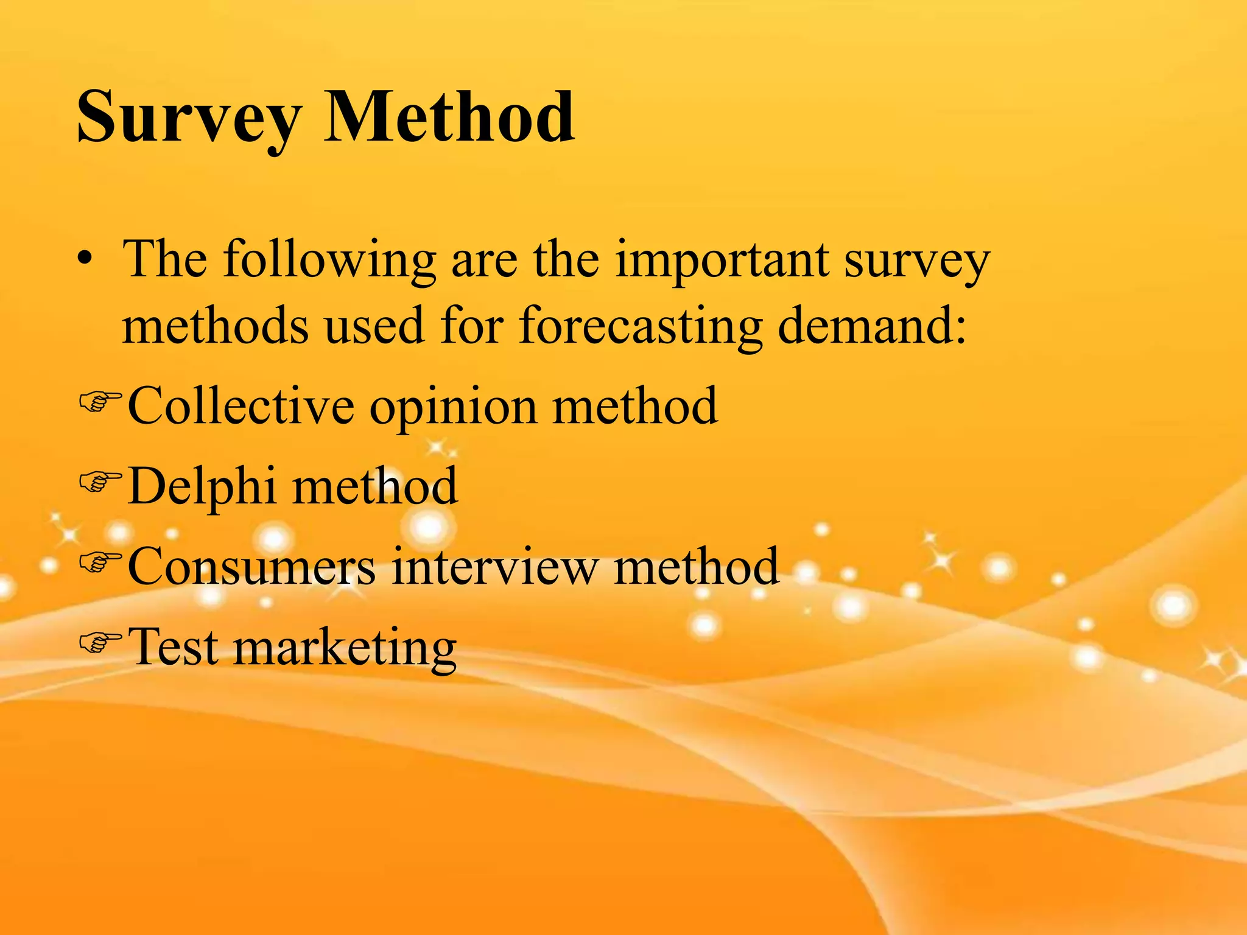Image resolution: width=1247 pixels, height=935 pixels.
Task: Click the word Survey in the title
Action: tap(189, 119)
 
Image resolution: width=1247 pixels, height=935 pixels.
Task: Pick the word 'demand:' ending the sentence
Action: tap(872, 326)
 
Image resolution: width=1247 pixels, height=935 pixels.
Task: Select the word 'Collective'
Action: tap(241, 406)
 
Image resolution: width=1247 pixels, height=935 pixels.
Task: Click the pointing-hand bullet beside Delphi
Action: tap(100, 482)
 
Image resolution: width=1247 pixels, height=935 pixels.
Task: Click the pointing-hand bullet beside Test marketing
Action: tap(100, 642)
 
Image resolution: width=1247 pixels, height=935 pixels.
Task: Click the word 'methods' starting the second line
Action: tap(215, 326)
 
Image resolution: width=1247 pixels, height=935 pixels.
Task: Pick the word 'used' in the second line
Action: tap(373, 326)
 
